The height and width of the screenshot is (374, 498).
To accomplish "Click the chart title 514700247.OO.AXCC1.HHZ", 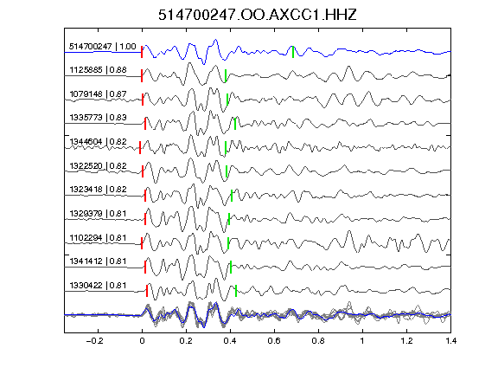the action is click(258, 15).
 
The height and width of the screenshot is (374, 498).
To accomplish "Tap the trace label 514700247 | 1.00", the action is click(103, 47).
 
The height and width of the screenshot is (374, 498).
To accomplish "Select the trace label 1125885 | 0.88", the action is click(99, 69).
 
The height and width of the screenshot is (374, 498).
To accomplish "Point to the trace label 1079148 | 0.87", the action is click(99, 94).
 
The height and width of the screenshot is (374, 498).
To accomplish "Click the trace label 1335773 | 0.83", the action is click(99, 118).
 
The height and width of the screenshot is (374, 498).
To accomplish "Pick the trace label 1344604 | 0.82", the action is click(99, 141).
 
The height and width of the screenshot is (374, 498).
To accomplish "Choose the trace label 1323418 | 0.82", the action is click(99, 190).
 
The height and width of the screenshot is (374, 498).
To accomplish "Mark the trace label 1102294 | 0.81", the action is click(99, 238).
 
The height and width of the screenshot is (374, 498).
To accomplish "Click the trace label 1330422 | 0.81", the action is click(99, 286).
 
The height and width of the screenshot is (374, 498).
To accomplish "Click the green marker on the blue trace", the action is click(293, 52).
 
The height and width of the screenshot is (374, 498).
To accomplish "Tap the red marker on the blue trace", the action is click(142, 52).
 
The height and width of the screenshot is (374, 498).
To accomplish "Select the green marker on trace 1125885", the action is click(226, 75).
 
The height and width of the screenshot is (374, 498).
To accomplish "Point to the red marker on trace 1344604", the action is click(140, 148).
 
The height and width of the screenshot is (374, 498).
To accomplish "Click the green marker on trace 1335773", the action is click(235, 124).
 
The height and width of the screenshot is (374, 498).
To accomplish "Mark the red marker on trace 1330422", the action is click(147, 291).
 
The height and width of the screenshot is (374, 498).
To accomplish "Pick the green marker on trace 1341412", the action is click(231, 268).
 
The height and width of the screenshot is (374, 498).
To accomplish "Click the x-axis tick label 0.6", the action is click(274, 341).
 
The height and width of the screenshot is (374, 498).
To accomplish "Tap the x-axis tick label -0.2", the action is click(94, 341).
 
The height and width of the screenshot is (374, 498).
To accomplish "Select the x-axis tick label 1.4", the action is click(451, 341).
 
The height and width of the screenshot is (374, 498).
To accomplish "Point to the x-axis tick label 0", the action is click(142, 341).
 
